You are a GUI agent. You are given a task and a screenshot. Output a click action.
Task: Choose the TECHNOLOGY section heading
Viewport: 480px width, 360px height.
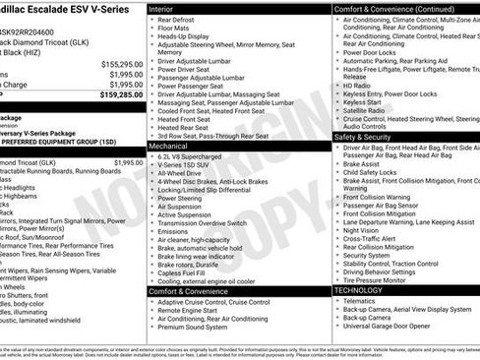coord(358,290)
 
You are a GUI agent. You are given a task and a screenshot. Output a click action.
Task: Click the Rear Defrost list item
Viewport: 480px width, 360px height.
coord(176,19)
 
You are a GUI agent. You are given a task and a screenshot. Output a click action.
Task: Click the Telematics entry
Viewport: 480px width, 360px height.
coord(362,300)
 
